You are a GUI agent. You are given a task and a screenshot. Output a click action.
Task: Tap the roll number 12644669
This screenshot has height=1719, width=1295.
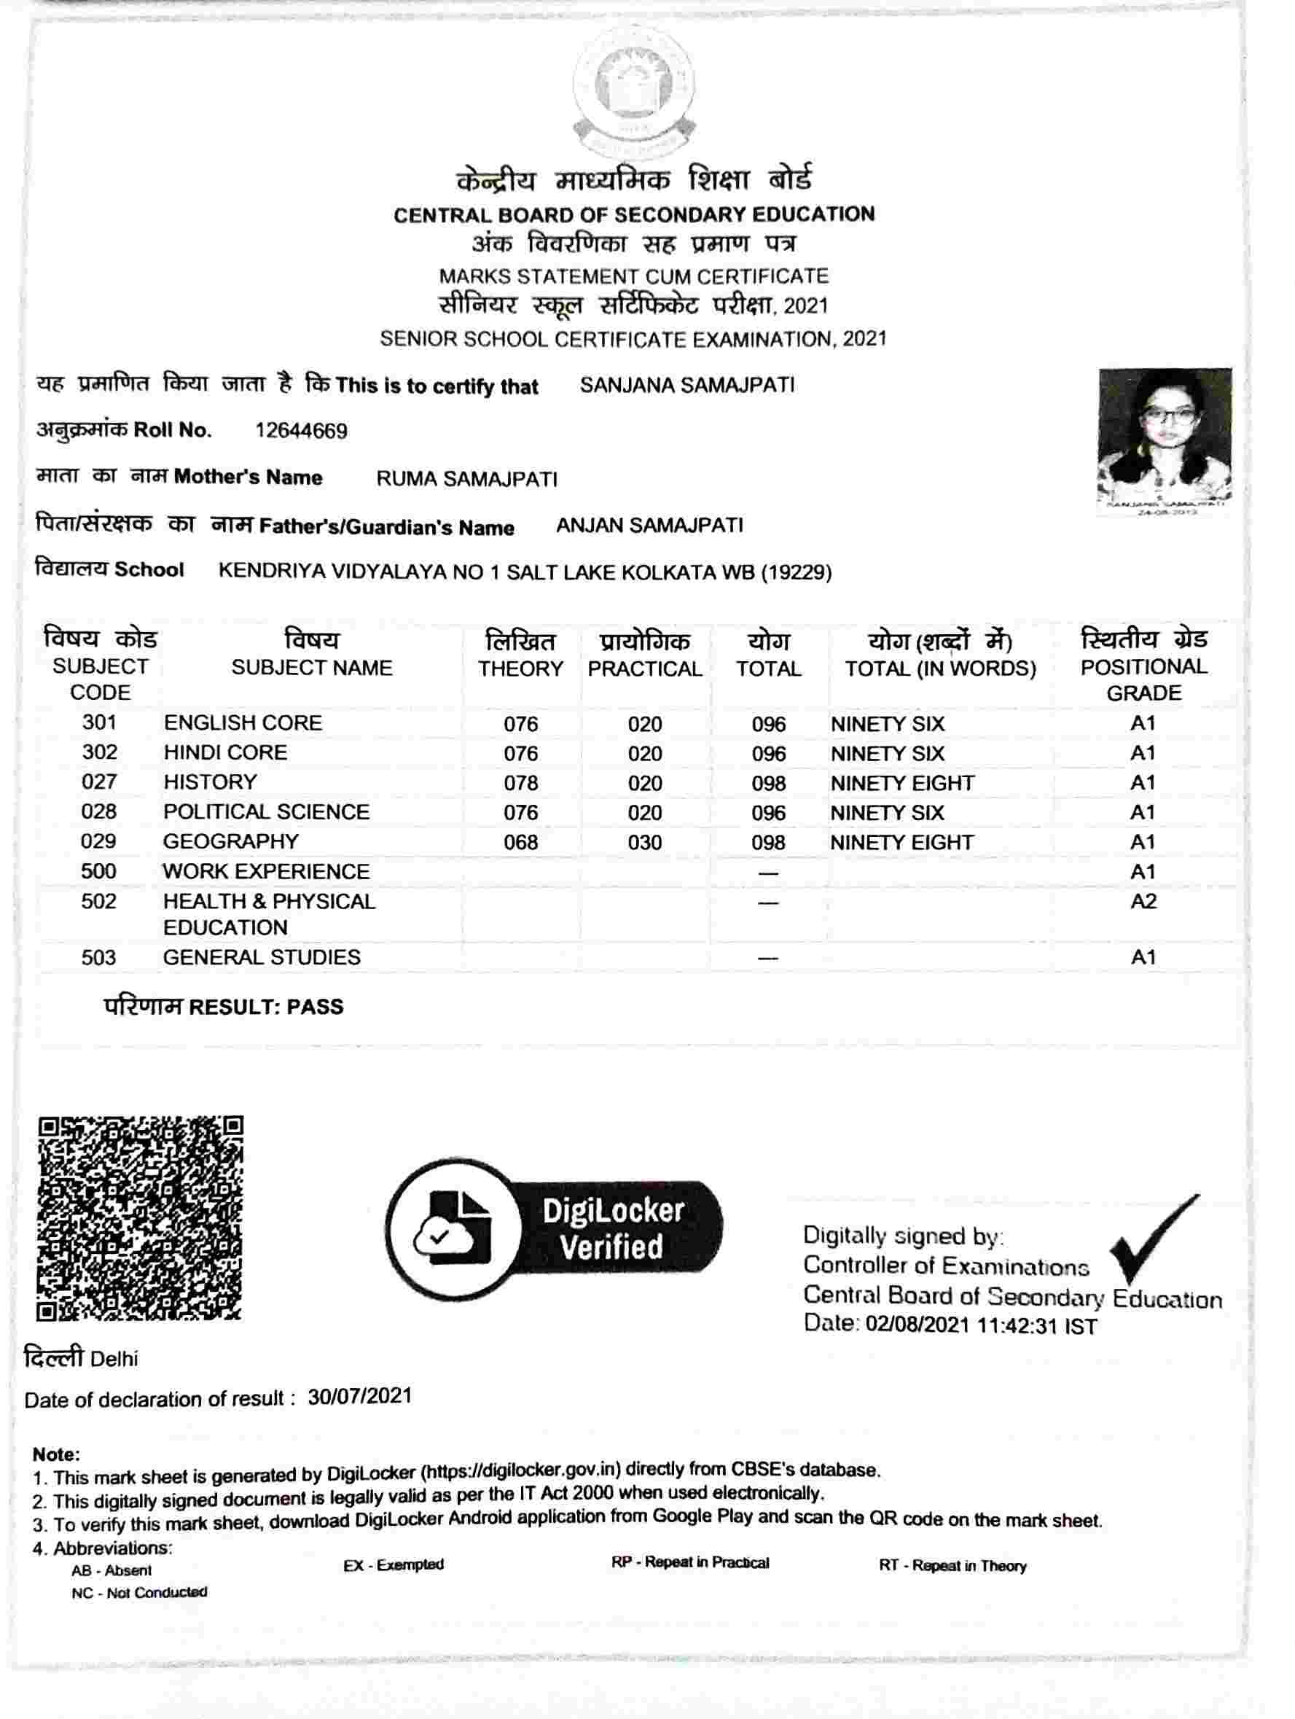pos(302,431)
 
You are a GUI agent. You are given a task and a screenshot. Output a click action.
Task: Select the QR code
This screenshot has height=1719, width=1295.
pos(140,1217)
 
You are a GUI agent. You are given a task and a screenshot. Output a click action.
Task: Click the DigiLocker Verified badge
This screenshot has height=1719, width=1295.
pos(553,1228)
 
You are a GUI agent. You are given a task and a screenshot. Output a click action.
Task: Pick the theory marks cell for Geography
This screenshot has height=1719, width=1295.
pos(520,843)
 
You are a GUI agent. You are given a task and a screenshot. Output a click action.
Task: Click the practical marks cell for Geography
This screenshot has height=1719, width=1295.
pos(645,843)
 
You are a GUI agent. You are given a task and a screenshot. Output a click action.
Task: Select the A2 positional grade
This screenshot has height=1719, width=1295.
pos(1143,902)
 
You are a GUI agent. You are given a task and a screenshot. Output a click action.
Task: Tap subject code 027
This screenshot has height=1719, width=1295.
pos(99,781)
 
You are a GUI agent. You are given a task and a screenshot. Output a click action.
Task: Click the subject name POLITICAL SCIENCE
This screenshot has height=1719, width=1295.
pos(267,812)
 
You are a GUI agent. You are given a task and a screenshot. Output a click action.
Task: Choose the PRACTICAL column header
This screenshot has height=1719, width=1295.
pos(645,669)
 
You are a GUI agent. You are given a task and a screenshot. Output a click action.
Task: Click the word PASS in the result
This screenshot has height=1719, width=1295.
pos(315,1007)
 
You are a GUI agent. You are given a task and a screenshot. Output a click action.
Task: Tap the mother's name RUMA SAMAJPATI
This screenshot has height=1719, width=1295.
pos(467,479)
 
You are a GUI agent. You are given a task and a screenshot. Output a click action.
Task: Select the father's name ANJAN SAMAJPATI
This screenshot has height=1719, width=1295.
pos(649,526)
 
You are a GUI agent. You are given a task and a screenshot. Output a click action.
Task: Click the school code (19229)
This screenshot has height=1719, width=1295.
pos(797,573)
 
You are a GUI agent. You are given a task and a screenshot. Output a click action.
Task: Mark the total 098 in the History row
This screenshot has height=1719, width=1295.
pos(768,784)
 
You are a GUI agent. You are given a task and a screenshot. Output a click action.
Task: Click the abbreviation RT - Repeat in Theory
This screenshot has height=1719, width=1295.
pos(952,1566)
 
